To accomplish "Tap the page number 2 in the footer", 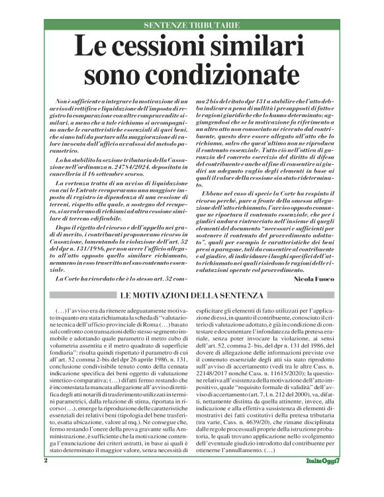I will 46,478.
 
